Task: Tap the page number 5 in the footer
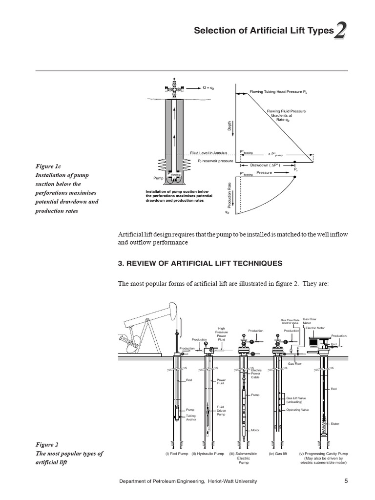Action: coord(346,481)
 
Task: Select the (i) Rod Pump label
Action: coord(176,454)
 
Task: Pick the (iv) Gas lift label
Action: coord(277,454)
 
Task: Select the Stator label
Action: coord(335,423)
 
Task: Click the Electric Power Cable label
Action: coord(256,374)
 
